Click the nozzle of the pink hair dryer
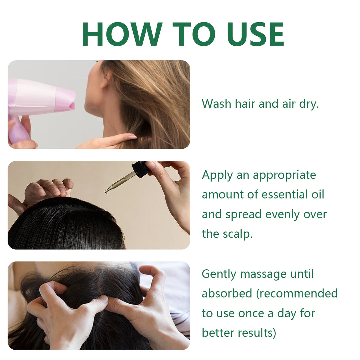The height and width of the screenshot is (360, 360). pyautogui.click(x=69, y=101)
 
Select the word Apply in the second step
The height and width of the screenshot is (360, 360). pyautogui.click(x=217, y=175)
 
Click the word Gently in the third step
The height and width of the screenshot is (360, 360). pyautogui.click(x=219, y=274)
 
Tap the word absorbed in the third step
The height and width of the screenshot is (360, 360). pyautogui.click(x=227, y=294)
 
